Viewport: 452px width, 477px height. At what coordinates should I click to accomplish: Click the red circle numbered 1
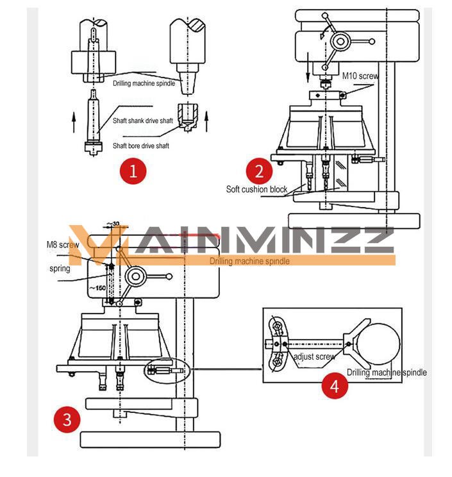click(133, 171)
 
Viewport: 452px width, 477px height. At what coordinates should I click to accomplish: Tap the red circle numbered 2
click(259, 171)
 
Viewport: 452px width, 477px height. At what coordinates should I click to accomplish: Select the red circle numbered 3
click(67, 420)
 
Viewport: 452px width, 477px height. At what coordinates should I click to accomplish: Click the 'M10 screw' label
click(360, 76)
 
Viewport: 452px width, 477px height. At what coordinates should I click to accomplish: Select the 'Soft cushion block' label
click(256, 189)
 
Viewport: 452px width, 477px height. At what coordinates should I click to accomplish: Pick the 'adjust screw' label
click(314, 356)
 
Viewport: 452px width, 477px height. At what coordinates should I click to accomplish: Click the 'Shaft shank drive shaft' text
click(143, 121)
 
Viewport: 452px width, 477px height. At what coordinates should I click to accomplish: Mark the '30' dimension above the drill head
click(115, 223)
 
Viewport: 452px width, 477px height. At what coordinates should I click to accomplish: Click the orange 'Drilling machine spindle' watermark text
click(249, 261)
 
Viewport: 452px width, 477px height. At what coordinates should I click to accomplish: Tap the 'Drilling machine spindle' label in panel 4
click(387, 372)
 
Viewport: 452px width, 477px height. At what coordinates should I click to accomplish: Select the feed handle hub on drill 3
click(137, 276)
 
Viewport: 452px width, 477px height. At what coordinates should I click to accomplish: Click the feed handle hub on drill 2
click(340, 42)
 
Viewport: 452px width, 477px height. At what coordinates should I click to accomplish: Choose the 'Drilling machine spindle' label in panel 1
click(144, 83)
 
